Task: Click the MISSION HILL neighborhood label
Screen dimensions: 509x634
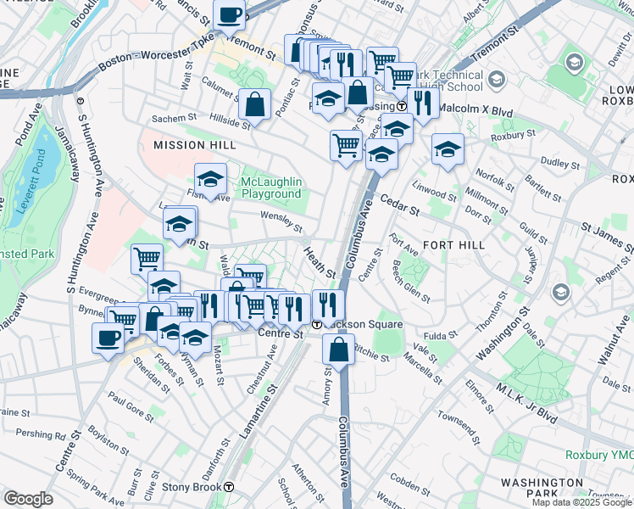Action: [x=194, y=146]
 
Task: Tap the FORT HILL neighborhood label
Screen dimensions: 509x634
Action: [x=453, y=244]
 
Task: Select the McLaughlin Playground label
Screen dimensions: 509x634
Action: [x=271, y=187]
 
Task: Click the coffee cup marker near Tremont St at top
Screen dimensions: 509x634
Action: [x=230, y=14]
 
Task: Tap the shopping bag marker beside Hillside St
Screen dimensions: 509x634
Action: [x=254, y=105]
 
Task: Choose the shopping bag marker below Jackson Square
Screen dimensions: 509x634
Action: [x=339, y=349]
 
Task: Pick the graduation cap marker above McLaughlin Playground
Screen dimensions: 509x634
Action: [x=211, y=180]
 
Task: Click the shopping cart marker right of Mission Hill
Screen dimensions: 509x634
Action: [x=346, y=145]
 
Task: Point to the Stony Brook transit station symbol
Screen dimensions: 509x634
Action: [x=229, y=487]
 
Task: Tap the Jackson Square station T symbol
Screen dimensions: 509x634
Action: [x=316, y=325]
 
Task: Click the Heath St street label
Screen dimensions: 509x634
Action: [x=320, y=262]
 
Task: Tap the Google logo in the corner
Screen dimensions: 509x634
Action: [x=28, y=499]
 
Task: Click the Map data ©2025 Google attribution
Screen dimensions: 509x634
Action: [x=581, y=502]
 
